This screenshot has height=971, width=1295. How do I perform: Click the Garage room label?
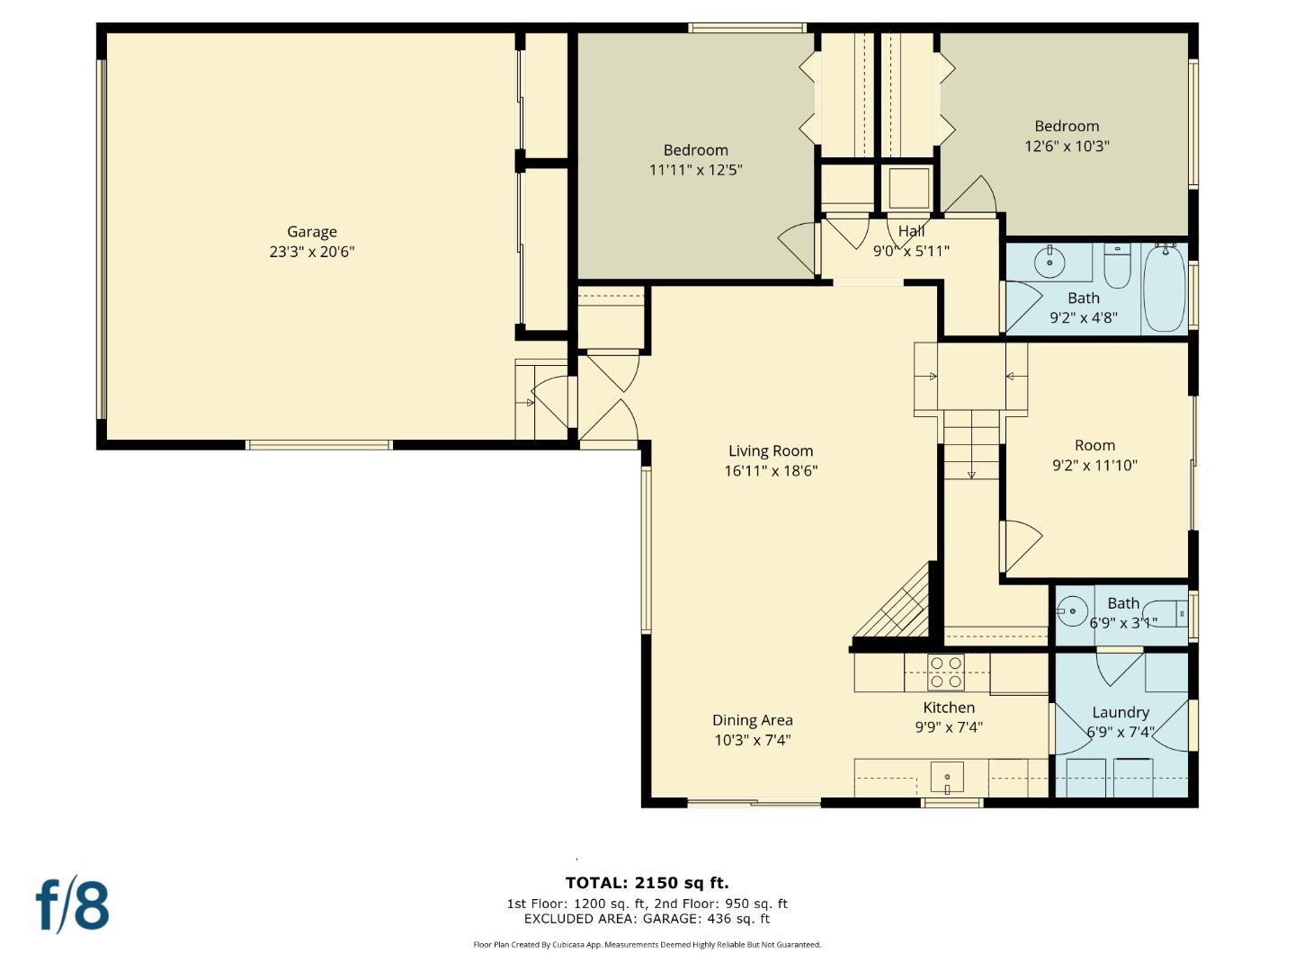tap(311, 232)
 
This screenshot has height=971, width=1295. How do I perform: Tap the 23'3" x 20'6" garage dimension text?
tap(311, 253)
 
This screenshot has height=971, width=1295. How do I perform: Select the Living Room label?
tap(770, 451)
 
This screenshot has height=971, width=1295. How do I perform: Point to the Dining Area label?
tap(752, 720)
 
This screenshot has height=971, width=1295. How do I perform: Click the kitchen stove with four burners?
tap(945, 673)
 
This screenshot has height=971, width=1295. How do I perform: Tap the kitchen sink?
tap(947, 776)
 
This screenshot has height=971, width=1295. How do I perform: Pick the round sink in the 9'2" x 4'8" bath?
tap(1049, 263)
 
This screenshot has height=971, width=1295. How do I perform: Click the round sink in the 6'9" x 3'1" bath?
tap(1072, 610)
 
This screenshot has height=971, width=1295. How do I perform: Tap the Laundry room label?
tap(1120, 712)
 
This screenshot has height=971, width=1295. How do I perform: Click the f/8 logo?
tap(73, 905)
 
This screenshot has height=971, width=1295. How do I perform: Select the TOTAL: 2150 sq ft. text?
tap(647, 883)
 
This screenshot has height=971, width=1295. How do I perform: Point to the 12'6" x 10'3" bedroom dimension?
tap(1067, 147)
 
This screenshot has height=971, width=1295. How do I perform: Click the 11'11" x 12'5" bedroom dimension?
tap(695, 170)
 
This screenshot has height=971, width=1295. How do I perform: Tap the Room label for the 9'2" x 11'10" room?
tap(1094, 446)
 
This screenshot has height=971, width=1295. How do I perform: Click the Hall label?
tap(911, 232)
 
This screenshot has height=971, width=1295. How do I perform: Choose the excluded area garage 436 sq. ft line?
tap(647, 919)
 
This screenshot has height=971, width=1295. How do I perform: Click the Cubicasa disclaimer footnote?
tap(647, 945)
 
